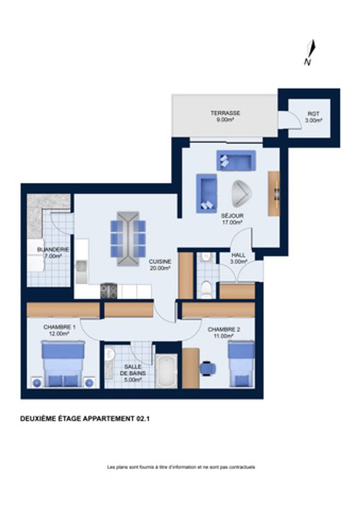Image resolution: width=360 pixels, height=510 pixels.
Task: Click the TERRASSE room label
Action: tap(225, 113)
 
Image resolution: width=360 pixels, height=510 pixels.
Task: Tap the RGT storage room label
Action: tap(313, 114)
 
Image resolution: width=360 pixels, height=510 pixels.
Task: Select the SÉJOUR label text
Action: tap(233, 216)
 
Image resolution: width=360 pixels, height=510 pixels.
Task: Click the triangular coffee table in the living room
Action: tap(242, 193)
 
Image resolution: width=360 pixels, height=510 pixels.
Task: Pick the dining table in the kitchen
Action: tap(128, 238)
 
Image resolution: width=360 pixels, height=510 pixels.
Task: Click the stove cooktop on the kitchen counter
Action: tap(109, 291)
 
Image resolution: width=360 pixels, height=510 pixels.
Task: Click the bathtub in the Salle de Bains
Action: tap(166, 371)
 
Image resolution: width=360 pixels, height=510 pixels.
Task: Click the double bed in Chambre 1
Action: tap(64, 364)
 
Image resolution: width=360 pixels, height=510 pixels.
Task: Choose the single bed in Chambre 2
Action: tap(241, 364)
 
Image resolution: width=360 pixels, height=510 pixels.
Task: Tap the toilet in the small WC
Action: tap(206, 289)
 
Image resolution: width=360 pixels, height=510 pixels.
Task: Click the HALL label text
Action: tap(238, 255)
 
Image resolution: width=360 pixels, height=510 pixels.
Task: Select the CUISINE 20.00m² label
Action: tap(160, 265)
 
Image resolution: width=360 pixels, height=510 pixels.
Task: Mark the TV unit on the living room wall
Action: tap(273, 193)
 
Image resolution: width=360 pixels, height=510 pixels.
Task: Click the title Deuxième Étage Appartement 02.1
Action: tap(84, 419)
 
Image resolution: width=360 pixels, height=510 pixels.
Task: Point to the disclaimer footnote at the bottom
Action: tap(181, 467)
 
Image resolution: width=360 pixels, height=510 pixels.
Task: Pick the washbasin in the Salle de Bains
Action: tap(110, 355)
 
